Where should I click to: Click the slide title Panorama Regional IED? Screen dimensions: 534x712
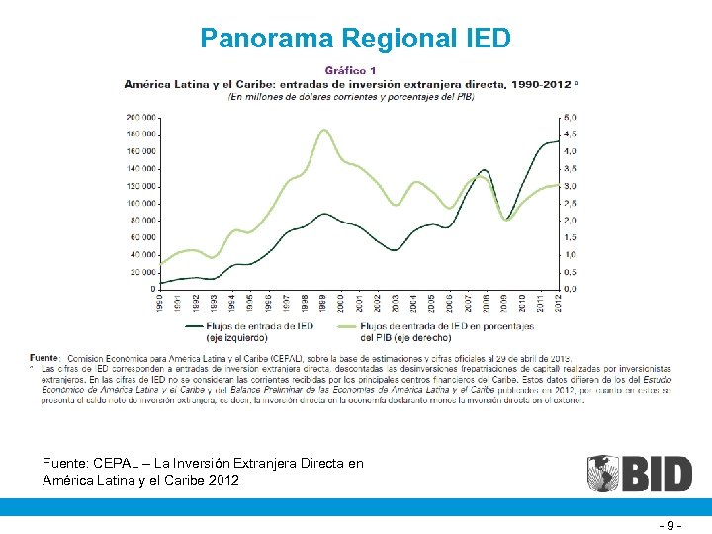point(355,39)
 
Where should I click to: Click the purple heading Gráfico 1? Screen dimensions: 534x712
point(351,71)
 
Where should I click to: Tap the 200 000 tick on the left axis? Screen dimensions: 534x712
point(140,118)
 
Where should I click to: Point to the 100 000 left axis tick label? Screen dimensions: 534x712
point(140,203)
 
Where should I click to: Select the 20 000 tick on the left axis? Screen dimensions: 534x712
point(142,272)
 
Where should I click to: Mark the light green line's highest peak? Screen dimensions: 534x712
point(323,130)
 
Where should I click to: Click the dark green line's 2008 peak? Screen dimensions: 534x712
point(484,170)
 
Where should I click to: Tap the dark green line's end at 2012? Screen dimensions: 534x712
point(559,142)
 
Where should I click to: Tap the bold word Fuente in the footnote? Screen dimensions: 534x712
point(44,356)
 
